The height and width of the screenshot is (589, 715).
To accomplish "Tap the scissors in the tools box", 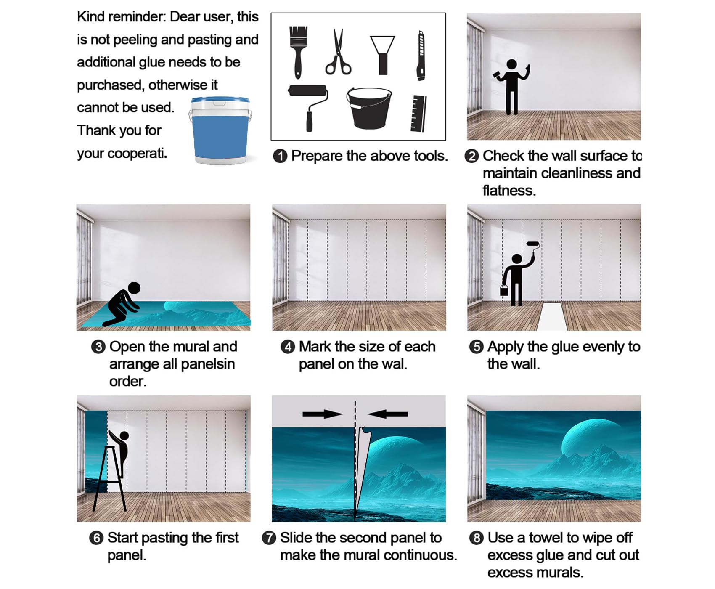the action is (338, 52).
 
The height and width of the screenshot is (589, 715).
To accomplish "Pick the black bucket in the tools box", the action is (369, 108).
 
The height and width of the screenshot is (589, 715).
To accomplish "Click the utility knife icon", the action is (421, 55).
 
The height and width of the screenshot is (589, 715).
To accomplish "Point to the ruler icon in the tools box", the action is (418, 113).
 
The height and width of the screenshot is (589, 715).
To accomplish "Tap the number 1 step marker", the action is (280, 156).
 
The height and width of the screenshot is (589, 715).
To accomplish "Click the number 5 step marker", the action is (476, 347).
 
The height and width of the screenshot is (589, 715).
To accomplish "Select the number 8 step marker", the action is (476, 538).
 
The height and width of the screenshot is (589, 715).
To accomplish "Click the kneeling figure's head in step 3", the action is (134, 288).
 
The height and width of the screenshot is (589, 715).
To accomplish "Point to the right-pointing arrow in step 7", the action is (323, 414).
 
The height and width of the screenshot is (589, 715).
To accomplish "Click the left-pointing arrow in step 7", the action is (387, 414).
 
